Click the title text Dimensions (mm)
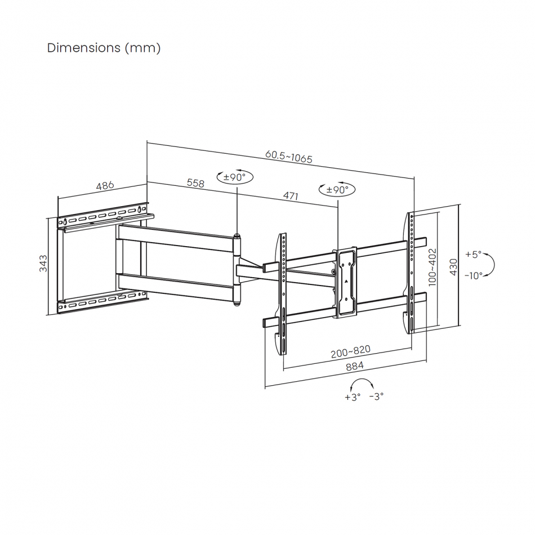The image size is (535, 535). coord(104,48)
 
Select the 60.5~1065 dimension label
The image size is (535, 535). coord(289,157)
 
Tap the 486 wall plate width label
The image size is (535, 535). coord(105,186)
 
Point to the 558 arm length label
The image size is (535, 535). coord(195,183)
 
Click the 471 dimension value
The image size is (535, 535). coord(291,195)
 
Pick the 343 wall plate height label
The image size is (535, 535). coord(43,263)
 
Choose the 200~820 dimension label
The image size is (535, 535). coord(350,351)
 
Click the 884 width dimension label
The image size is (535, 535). coord(355,366)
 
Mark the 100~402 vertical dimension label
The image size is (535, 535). coord(432,267)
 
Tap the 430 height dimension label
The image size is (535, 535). coord(453,267)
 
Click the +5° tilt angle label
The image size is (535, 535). coord(473,255)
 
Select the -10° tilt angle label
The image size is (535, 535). coord(474,275)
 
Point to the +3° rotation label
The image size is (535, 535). coord(353,397)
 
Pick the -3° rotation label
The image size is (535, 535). coord(376,396)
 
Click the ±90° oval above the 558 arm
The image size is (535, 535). coord(235,177)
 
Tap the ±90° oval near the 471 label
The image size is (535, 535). coord(337,189)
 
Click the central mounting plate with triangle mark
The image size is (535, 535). coord(346,283)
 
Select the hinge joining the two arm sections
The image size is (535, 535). coord(237,269)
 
